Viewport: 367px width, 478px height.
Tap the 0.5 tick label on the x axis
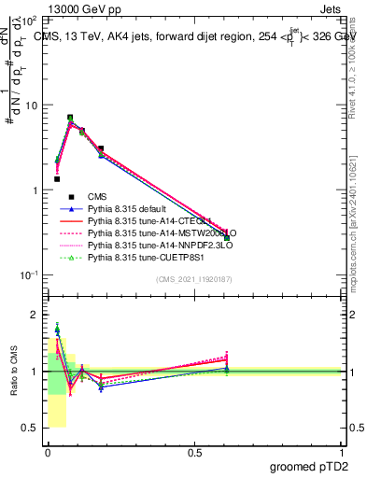point(194,452)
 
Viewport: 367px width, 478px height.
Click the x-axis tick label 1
point(342,452)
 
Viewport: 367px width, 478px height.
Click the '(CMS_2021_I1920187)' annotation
point(193,279)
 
